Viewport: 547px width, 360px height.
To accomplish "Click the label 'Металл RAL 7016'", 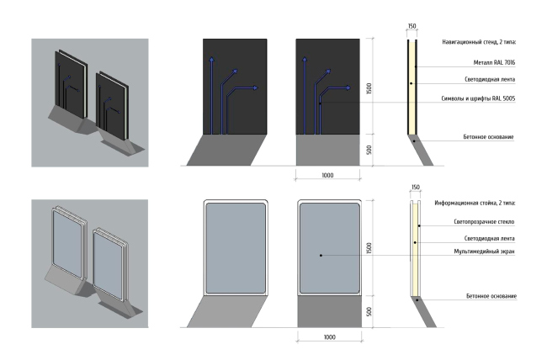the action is pos(494,63).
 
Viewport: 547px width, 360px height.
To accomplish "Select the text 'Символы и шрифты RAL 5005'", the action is pos(478,98).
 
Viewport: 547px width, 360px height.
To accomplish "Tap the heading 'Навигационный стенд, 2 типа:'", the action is pos(479,42).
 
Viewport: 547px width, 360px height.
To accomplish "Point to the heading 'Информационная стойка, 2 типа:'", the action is pos(475,203).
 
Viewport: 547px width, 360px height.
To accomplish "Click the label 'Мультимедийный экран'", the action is pos(484,251).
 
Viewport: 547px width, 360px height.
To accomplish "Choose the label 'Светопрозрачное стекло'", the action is pos(484,221).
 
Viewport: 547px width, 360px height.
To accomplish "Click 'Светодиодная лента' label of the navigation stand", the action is pos(490,79).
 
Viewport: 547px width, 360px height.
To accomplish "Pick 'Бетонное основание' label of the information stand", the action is pos(491,296).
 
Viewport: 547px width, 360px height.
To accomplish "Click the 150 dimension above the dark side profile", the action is pos(412,26).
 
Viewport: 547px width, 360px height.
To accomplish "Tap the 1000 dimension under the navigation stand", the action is pos(327,175).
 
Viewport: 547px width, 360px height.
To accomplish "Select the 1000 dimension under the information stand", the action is pos(329,337).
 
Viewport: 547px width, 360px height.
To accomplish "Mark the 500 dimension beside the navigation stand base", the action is pos(369,150).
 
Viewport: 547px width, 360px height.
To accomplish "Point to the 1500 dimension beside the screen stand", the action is pos(369,247).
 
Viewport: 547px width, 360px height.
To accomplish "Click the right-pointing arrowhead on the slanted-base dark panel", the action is pos(256,87).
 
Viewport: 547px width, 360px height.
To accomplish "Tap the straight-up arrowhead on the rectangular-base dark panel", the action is pos(305,60).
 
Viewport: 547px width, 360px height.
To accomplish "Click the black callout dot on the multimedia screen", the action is pos(321,256).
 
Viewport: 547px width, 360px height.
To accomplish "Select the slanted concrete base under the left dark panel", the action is pos(226,150).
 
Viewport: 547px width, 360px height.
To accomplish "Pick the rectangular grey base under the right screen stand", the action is pos(329,312).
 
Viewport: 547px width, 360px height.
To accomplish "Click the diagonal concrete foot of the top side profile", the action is pos(421,150).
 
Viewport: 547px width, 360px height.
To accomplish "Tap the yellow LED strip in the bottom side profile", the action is pos(415,250).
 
